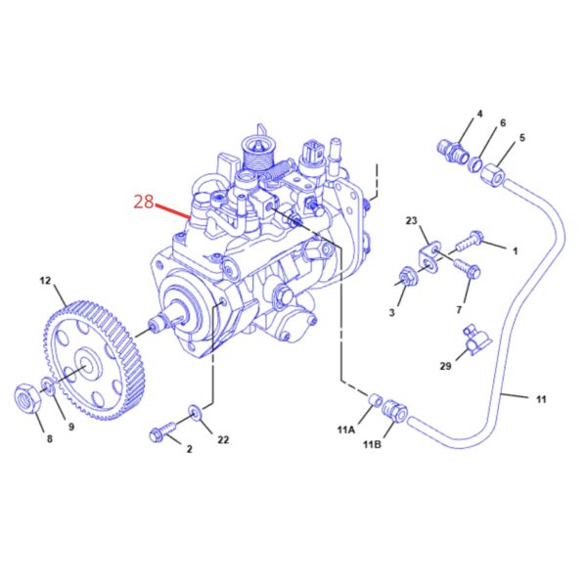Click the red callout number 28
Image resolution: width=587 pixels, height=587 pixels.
(x=144, y=203)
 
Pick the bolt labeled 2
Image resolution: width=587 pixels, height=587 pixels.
(x=162, y=431)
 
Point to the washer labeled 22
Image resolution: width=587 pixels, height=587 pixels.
(x=195, y=413)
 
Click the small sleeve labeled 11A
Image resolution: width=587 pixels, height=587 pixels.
(x=375, y=400)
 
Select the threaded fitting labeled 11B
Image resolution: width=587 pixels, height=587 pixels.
(x=394, y=411)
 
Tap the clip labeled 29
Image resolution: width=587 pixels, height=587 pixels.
(x=476, y=340)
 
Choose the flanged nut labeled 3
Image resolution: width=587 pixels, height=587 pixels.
(x=407, y=278)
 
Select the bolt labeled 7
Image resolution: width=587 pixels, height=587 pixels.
(x=468, y=269)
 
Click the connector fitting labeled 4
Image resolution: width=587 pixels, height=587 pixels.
(x=452, y=152)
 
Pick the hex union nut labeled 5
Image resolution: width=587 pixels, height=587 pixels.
(x=494, y=174)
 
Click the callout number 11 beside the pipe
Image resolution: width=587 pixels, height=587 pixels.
(x=541, y=399)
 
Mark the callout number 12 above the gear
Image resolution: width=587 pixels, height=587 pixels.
(x=45, y=280)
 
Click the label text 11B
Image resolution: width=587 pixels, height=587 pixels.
(x=372, y=444)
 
